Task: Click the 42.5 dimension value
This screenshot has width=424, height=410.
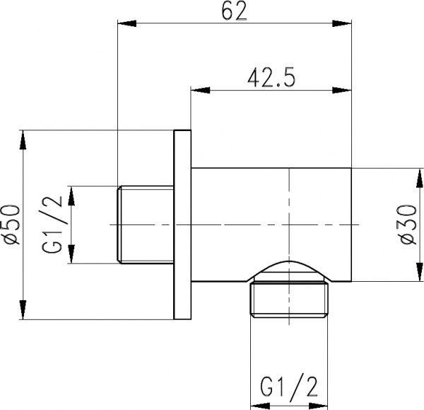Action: (271, 78)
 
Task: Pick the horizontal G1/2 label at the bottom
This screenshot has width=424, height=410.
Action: (289, 386)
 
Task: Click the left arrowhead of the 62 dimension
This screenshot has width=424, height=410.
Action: (126, 23)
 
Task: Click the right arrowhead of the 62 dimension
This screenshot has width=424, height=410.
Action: (342, 23)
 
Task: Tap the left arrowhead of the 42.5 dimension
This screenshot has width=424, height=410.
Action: (201, 90)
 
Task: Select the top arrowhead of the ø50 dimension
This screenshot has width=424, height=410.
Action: (23, 139)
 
